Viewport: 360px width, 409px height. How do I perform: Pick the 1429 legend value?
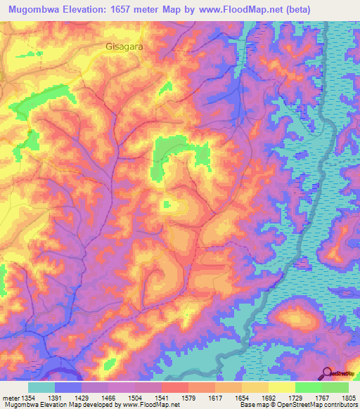[84, 397]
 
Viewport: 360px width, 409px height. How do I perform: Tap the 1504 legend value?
[136, 397]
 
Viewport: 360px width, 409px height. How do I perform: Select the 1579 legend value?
[189, 397]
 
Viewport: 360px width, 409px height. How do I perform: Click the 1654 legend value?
[242, 397]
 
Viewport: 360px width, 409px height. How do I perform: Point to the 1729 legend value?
[295, 397]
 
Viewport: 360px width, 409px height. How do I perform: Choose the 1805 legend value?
[348, 397]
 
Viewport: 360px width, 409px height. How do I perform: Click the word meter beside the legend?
[10, 397]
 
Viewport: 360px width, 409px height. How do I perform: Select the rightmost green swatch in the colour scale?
[335, 387]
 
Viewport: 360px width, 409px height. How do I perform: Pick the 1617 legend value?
[216, 397]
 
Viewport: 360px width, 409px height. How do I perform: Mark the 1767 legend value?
[321, 397]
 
